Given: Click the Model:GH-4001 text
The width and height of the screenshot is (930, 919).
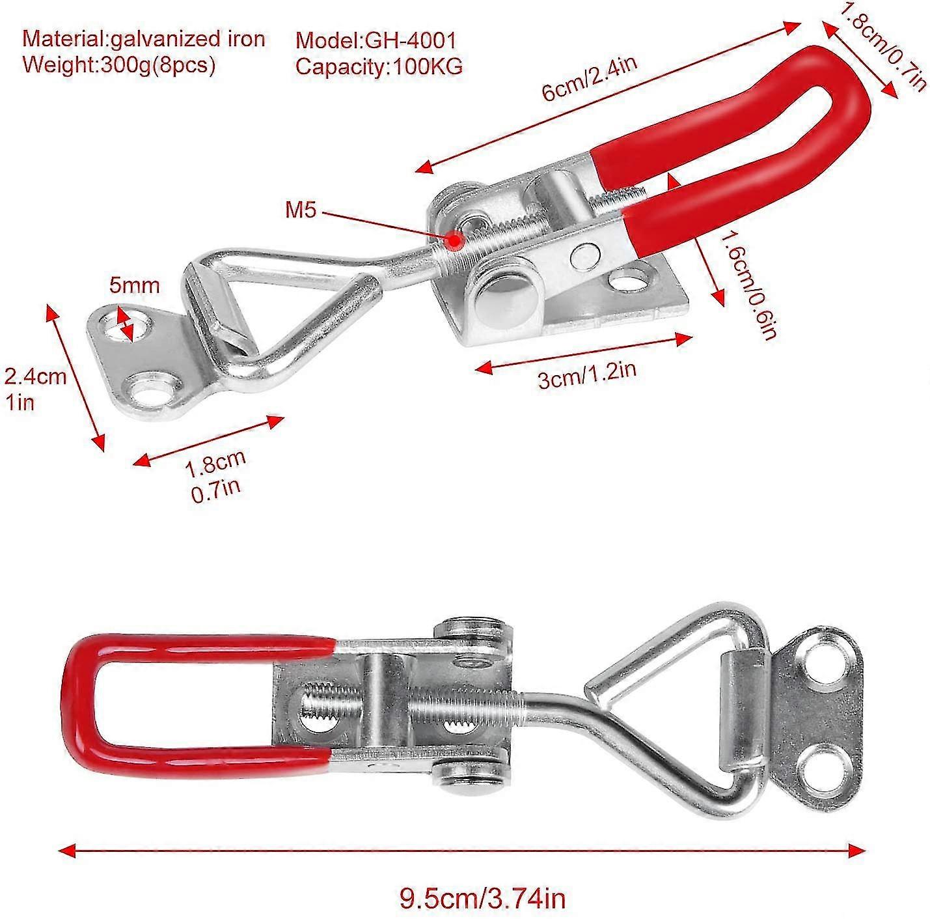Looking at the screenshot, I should click(x=376, y=40).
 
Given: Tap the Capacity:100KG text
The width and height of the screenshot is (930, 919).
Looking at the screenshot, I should click(x=379, y=66).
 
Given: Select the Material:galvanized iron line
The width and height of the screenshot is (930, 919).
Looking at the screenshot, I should click(x=144, y=39).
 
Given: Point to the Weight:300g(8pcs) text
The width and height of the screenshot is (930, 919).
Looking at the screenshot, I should click(x=118, y=65).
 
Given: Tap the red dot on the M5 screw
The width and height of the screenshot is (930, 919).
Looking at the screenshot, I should click(x=454, y=241).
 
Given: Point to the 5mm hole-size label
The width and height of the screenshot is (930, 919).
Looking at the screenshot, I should click(x=134, y=285).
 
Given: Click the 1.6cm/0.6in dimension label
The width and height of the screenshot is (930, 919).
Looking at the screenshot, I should click(x=748, y=287).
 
